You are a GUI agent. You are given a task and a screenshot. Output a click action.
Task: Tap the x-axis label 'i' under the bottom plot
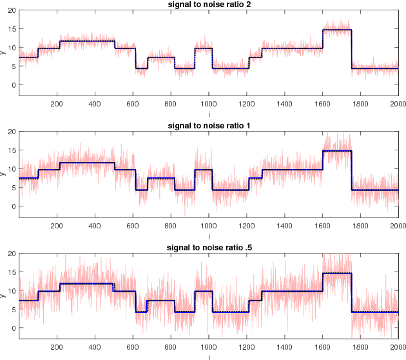click(x=208, y=356)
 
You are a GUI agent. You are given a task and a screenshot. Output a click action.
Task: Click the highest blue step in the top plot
click(x=337, y=30)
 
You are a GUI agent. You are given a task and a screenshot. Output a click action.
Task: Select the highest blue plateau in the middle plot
click(x=337, y=151)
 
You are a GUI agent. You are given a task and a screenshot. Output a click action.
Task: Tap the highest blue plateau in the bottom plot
click(x=337, y=274)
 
